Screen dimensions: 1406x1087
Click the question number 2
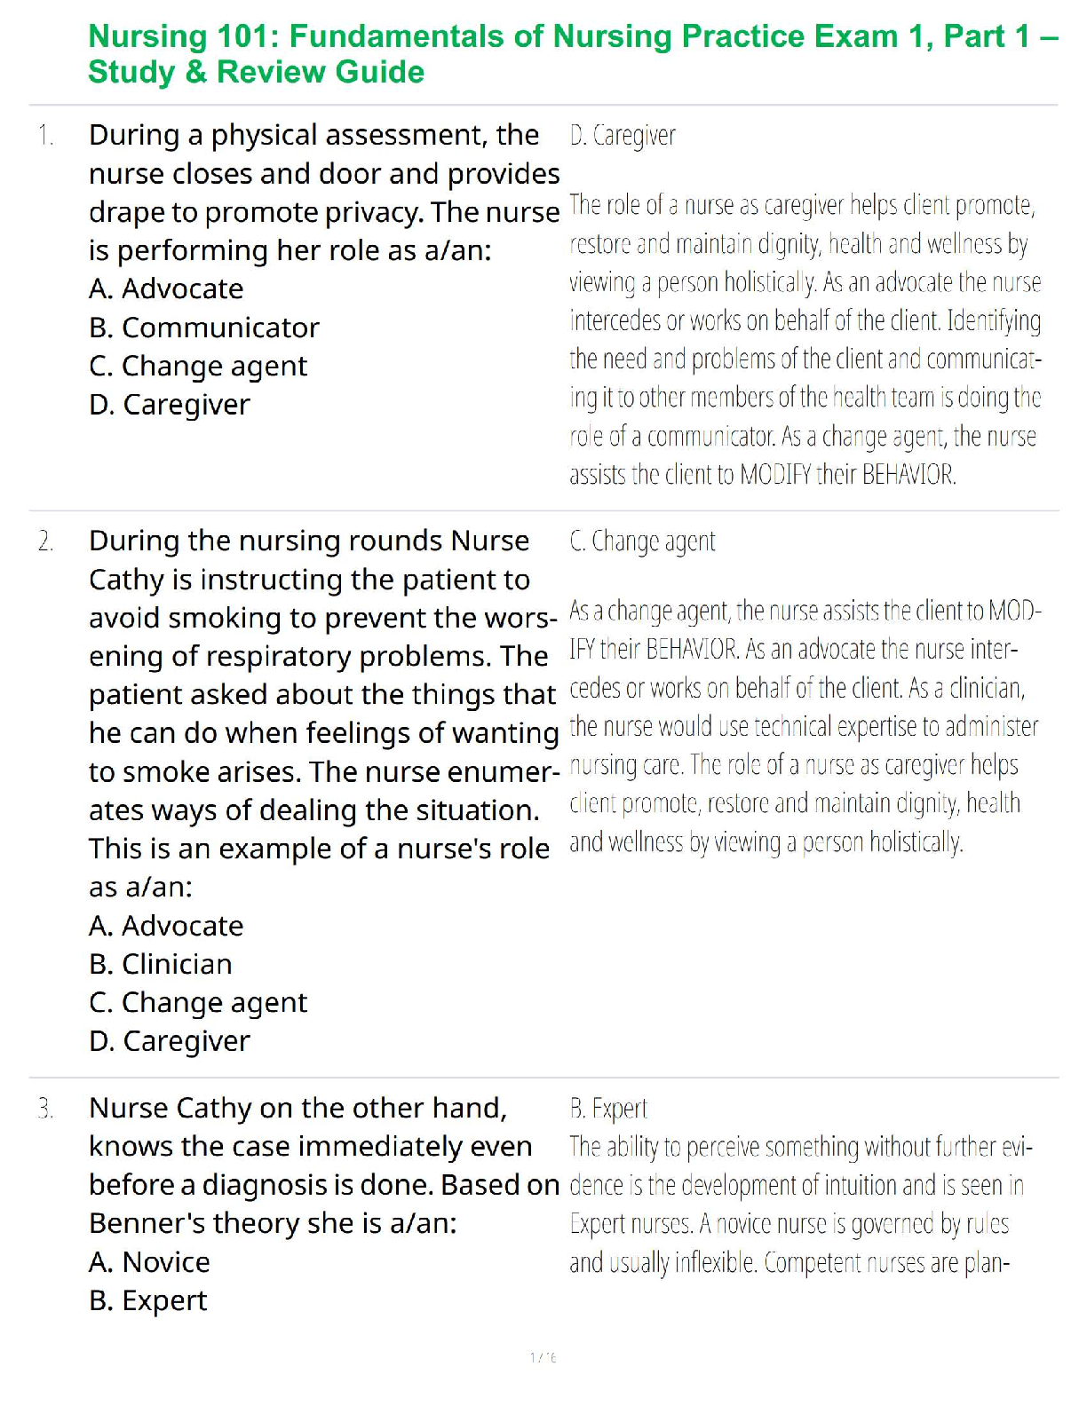tap(46, 541)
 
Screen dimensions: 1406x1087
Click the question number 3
tap(46, 1109)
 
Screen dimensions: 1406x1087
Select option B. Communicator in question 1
tap(203, 328)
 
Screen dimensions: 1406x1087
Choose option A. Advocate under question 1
tap(166, 289)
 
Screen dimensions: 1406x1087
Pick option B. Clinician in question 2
tap(161, 964)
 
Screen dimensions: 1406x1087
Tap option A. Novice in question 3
tap(149, 1262)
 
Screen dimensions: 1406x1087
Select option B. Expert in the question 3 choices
tap(147, 1300)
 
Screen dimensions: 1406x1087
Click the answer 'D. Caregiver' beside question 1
tap(623, 136)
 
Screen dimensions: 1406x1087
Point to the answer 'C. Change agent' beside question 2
tap(642, 541)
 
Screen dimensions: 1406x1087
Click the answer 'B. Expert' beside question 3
tap(608, 1109)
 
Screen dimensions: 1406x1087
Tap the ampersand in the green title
tap(196, 72)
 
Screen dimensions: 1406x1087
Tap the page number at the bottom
tap(543, 1357)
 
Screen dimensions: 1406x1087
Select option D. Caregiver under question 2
tap(170, 1041)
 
